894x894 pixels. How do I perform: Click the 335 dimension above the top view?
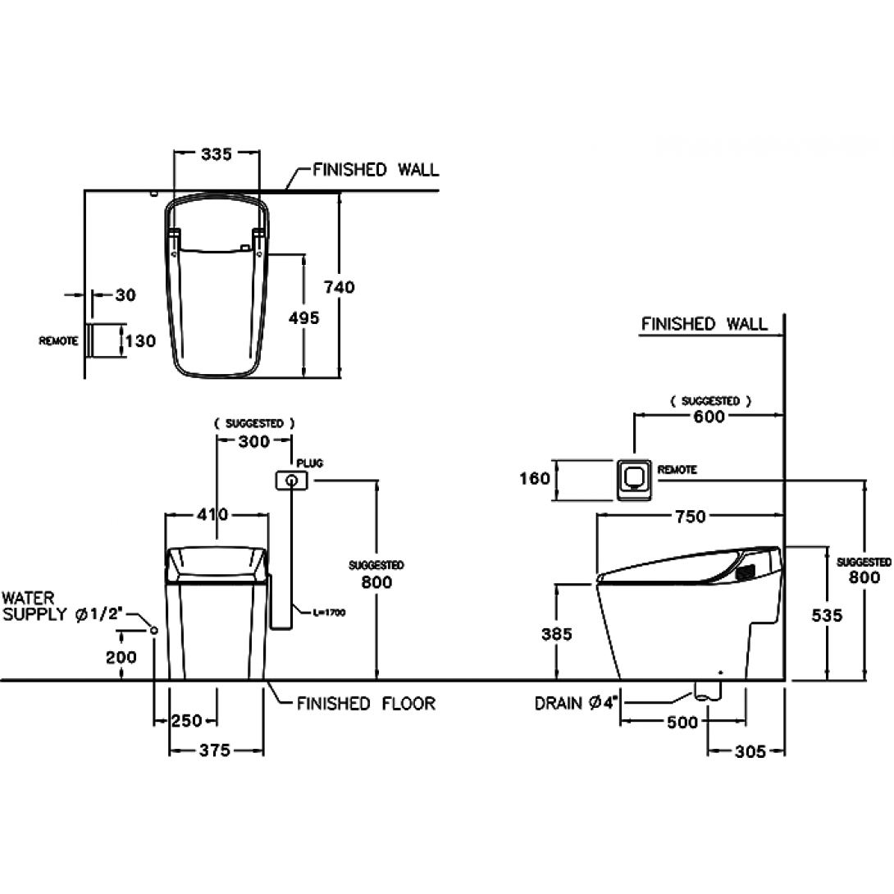(217, 154)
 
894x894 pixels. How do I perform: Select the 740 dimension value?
(340, 287)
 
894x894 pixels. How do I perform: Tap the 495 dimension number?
(304, 317)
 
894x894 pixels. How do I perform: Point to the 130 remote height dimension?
(140, 341)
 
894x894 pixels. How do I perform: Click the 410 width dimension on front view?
(212, 514)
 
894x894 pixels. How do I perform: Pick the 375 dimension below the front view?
(215, 750)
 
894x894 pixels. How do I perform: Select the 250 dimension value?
(187, 721)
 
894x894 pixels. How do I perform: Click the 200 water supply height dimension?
(121, 658)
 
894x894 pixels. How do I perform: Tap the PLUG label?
(309, 463)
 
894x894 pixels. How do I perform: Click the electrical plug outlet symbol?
(292, 481)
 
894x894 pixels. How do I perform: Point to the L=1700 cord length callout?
(329, 613)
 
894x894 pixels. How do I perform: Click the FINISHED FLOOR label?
(366, 704)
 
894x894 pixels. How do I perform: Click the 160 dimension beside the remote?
(535, 478)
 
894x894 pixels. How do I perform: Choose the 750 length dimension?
(691, 517)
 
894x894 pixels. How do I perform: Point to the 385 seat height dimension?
(556, 634)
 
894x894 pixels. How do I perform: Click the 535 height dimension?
(827, 615)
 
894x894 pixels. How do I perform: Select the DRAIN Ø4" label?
(577, 704)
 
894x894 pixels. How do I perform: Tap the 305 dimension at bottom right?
(750, 751)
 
